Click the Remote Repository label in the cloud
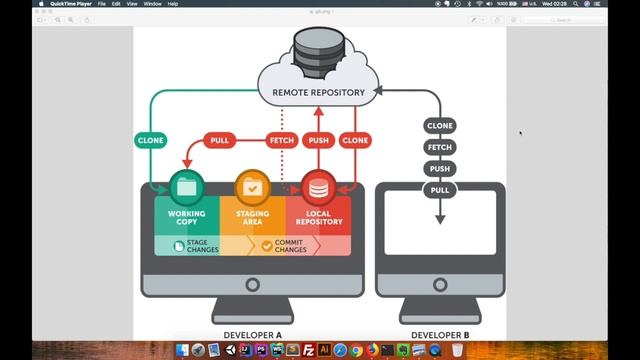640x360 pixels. pyautogui.click(x=319, y=92)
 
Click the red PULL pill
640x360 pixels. pyautogui.click(x=219, y=141)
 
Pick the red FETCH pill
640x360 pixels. pyautogui.click(x=282, y=141)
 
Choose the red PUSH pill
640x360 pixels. pyautogui.click(x=318, y=141)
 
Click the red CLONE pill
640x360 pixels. pyautogui.click(x=354, y=141)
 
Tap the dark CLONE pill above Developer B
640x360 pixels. pyautogui.click(x=440, y=126)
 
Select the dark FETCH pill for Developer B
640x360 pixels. pyautogui.click(x=440, y=147)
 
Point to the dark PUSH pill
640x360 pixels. pyautogui.click(x=440, y=169)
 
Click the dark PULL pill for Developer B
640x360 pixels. pyautogui.click(x=440, y=190)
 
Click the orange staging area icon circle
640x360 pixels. pyautogui.click(x=253, y=186)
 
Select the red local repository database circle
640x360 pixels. pyautogui.click(x=318, y=186)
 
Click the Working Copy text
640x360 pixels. pyautogui.click(x=187, y=218)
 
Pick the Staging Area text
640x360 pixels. pyautogui.click(x=253, y=218)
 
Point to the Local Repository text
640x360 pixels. pyautogui.click(x=318, y=218)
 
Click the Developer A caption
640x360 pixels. pyautogui.click(x=252, y=335)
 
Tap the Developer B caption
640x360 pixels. pyautogui.click(x=440, y=335)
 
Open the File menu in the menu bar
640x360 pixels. pyautogui.click(x=101, y=4)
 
